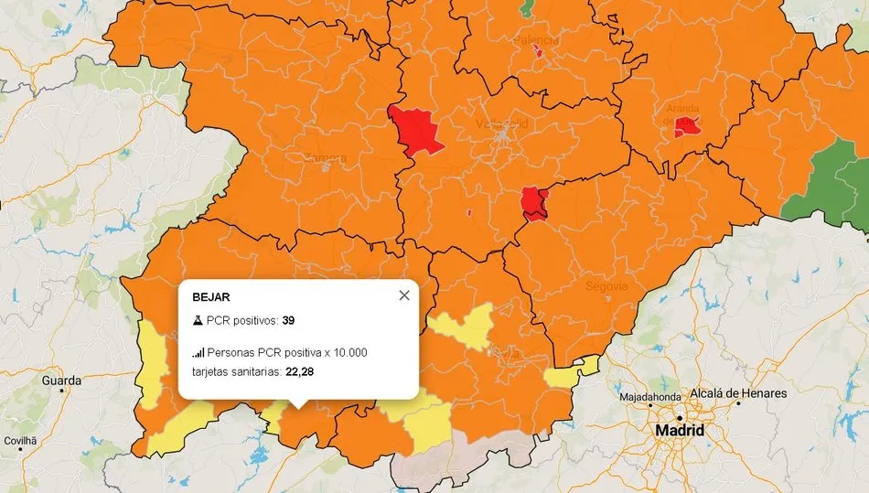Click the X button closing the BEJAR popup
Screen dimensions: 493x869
tap(403, 295)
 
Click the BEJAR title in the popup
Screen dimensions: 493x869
tap(210, 297)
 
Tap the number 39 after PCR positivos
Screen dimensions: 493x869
tap(288, 321)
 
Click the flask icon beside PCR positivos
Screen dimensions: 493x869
tap(198, 321)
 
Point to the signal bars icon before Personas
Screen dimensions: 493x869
tap(198, 352)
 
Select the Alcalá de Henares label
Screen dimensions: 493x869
tap(737, 393)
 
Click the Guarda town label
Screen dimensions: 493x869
tap(61, 380)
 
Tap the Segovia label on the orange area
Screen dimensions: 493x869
tap(606, 286)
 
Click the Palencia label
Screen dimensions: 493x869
tap(536, 41)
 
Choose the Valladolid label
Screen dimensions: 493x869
tap(501, 123)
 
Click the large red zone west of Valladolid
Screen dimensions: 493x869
tap(415, 128)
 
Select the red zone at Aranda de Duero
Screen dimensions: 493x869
tap(688, 127)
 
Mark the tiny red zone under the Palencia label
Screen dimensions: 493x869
tap(539, 53)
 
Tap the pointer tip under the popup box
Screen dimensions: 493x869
tap(299, 404)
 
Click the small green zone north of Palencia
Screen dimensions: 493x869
tap(529, 7)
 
